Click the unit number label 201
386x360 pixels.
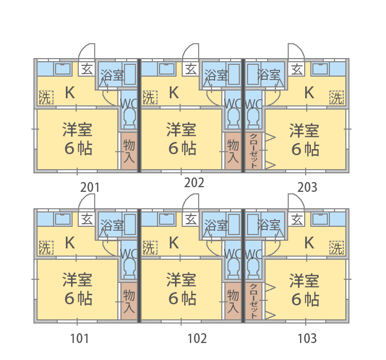(x=90, y=188)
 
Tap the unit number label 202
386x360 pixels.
(x=194, y=183)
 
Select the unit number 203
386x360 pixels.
(x=307, y=187)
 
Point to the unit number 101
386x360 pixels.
(x=79, y=338)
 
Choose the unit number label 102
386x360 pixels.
(x=197, y=338)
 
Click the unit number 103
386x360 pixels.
(x=307, y=338)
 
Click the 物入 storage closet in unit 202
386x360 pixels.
(x=233, y=151)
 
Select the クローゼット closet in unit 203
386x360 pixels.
(x=254, y=151)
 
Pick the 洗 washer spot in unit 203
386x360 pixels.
(x=337, y=97)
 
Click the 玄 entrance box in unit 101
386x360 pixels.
(x=86, y=219)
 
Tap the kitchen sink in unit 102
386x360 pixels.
(x=167, y=219)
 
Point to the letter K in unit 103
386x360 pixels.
(x=309, y=243)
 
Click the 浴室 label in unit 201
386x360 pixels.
(x=112, y=75)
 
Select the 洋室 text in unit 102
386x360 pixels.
(x=181, y=280)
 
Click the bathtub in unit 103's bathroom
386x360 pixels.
(x=253, y=225)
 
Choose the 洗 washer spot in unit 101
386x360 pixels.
(x=46, y=247)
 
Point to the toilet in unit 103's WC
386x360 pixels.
(x=254, y=268)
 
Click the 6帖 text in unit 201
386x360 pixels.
(x=79, y=148)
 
